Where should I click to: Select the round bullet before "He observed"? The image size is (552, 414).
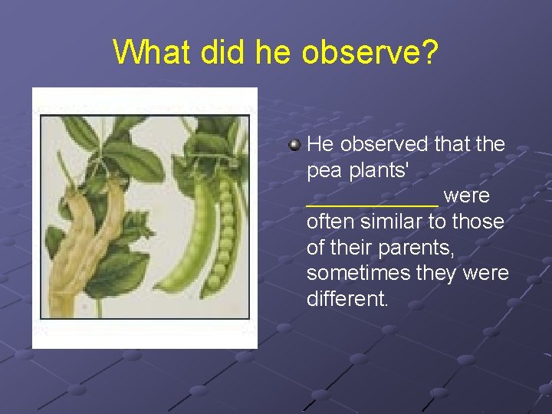294,143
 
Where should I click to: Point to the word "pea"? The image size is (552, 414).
322,170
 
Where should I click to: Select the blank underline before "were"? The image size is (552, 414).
372,201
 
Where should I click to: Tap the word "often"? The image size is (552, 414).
327,222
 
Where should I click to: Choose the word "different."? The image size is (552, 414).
347,299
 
